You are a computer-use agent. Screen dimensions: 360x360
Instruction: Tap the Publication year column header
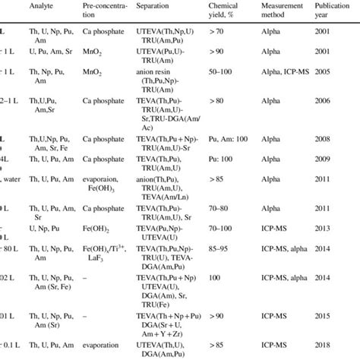[333, 9]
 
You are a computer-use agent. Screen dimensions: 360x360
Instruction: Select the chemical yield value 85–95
[223, 247]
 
